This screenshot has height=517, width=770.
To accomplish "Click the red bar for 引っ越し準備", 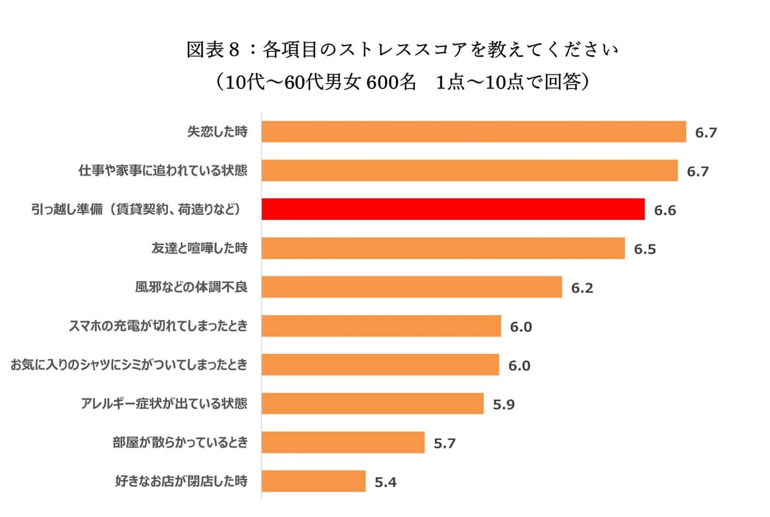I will click(453, 209).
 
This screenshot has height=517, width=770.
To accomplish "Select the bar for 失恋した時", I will click(474, 132).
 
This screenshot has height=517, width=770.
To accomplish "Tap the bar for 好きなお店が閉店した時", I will click(314, 481).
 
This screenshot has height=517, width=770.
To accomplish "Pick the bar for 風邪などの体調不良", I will click(412, 287).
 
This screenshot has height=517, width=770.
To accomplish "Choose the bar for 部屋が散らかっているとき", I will click(343, 443).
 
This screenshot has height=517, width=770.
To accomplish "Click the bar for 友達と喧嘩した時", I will click(443, 248).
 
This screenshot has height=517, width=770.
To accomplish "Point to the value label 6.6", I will click(665, 210).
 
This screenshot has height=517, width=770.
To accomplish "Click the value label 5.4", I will click(386, 482).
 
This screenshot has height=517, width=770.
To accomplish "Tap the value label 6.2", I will click(582, 288).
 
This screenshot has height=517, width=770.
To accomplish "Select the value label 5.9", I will click(504, 405).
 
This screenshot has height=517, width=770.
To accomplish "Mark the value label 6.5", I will click(645, 250).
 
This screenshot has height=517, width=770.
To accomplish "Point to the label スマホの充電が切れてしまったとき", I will click(158, 326).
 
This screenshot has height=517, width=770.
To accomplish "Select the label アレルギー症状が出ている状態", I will click(164, 404).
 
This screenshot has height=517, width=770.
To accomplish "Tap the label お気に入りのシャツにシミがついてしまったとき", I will click(129, 366).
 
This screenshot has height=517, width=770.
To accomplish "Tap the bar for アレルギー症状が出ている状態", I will click(373, 403).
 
